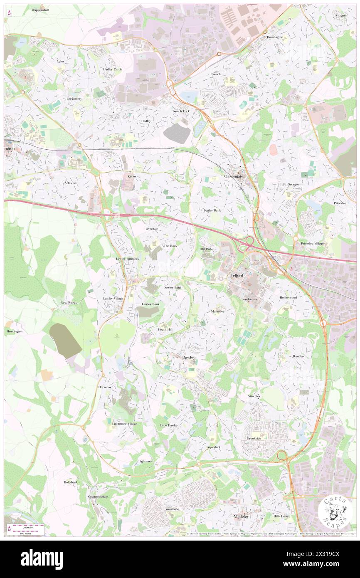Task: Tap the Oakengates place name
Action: (x=235, y=176)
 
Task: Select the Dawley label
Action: (x=189, y=357)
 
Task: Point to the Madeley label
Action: (x=241, y=516)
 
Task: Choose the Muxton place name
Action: (x=341, y=15)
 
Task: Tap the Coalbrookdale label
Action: (x=98, y=496)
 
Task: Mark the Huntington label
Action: (x=15, y=331)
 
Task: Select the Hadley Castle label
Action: (x=113, y=69)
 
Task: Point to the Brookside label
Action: (x=254, y=438)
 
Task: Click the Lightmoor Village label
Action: (x=124, y=424)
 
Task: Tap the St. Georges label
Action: (x=291, y=184)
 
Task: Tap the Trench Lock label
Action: (x=181, y=111)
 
